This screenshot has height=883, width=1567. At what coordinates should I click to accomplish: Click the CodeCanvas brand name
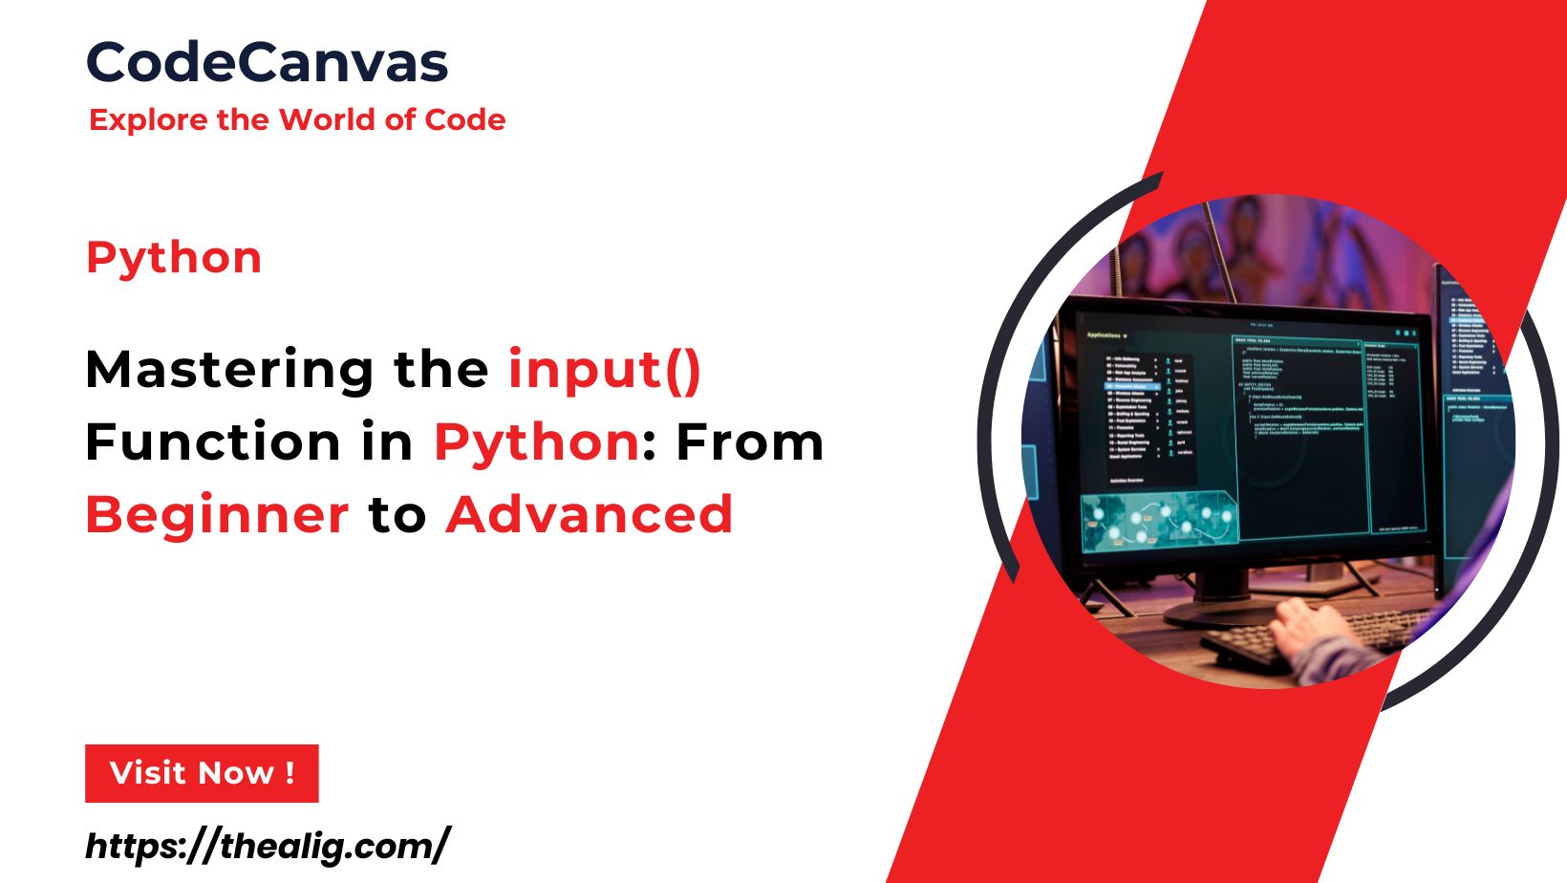pyautogui.click(x=267, y=63)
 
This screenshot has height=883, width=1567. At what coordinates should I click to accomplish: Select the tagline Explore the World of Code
pyautogui.click(x=296, y=120)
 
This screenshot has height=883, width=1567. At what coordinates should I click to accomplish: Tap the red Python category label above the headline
pyautogui.click(x=174, y=258)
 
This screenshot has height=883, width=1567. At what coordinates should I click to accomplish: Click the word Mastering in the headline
pyautogui.click(x=229, y=371)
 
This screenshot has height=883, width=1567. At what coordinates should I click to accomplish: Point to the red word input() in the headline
pyautogui.click(x=605, y=371)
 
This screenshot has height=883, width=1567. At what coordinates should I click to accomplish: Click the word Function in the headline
pyautogui.click(x=212, y=442)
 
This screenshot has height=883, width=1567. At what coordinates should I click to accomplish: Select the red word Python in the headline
pyautogui.click(x=537, y=443)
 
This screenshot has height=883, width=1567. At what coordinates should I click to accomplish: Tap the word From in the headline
pyautogui.click(x=750, y=442)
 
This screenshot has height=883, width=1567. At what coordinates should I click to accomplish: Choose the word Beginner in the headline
pyautogui.click(x=218, y=516)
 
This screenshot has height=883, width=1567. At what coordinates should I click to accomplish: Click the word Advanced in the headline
pyautogui.click(x=590, y=515)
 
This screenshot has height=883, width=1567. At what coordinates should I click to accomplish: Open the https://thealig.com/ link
pyautogui.click(x=267, y=847)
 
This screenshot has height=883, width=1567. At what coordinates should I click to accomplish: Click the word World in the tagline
pyautogui.click(x=328, y=120)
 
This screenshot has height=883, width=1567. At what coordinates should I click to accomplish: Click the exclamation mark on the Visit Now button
pyautogui.click(x=290, y=773)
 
